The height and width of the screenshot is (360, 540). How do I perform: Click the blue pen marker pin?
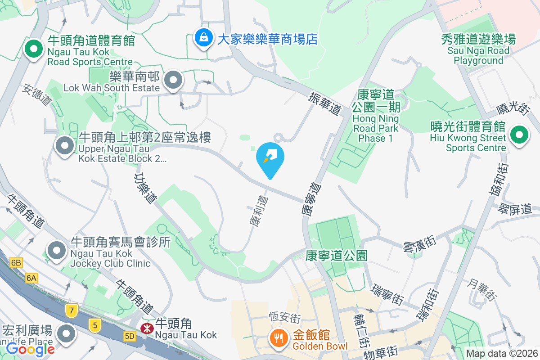tap(270, 158)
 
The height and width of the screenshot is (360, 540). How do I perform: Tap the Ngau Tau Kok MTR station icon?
tap(146, 328)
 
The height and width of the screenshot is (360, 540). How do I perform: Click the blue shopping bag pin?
tap(204, 38)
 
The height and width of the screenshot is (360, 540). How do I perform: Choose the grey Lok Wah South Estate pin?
tap(173, 81)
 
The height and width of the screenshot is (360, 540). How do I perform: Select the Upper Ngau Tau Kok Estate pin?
tap(65, 145)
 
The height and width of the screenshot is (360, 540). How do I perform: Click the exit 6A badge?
tap(31, 278)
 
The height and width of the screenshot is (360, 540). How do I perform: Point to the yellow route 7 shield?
tap(71, 310)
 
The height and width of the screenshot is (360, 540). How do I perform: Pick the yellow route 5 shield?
tap(94, 325)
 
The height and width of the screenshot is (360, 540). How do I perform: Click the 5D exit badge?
tap(130, 336)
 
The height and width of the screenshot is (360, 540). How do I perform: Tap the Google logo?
tap(31, 349)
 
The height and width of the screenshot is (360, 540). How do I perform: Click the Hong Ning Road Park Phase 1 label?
tap(376, 115)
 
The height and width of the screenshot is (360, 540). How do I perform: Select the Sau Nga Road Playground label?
tap(478, 50)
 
